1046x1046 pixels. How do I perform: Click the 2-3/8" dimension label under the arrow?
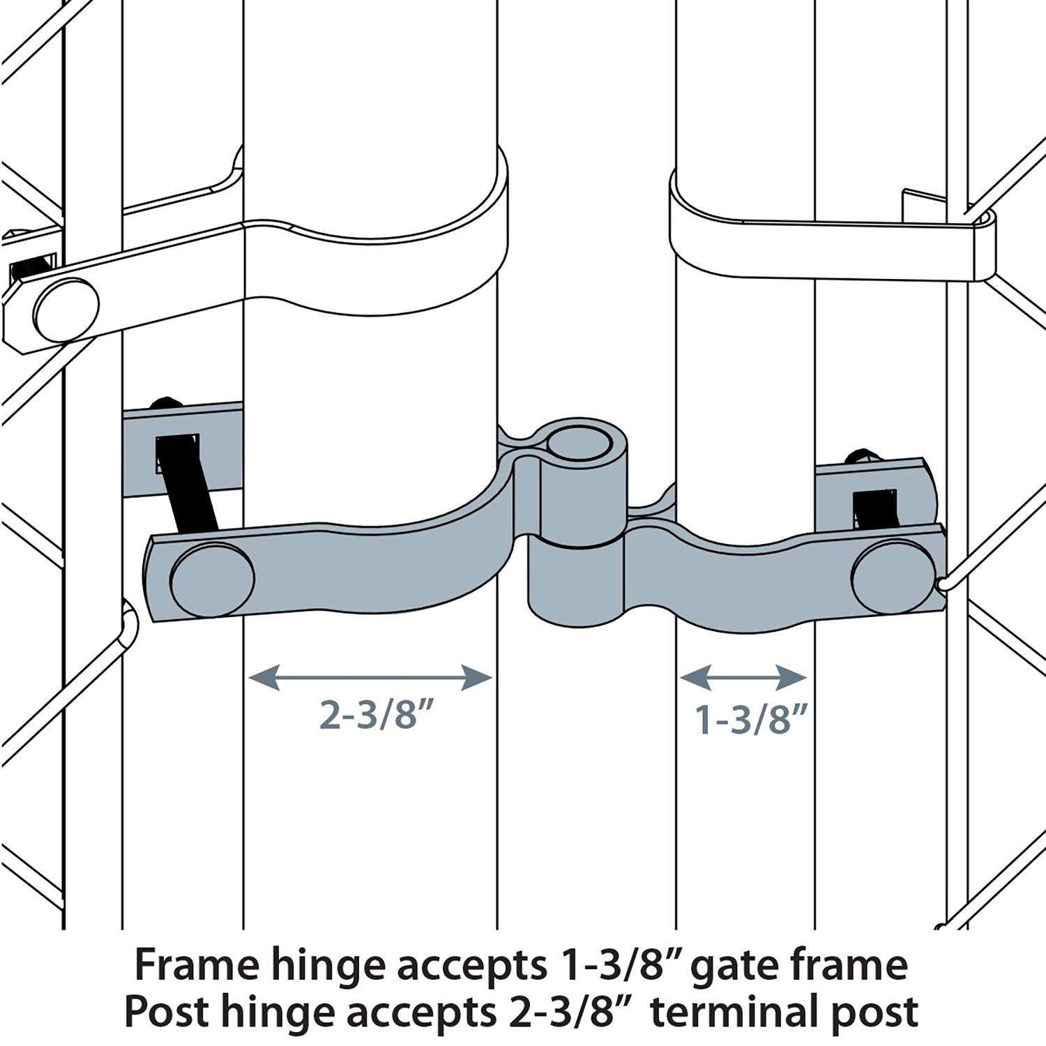click(x=382, y=715)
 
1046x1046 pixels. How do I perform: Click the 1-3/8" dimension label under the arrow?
click(x=752, y=719)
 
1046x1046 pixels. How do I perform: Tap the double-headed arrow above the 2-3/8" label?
click(x=370, y=677)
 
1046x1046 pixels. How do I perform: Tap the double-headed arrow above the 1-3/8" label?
click(x=743, y=677)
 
